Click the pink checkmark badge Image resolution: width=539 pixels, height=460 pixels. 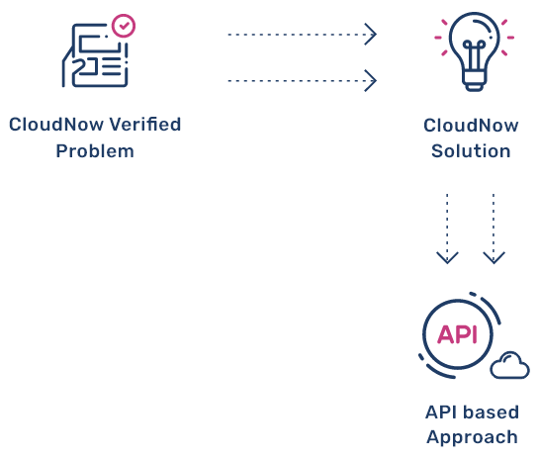(x=124, y=26)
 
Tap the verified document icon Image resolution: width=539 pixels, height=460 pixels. (x=98, y=50)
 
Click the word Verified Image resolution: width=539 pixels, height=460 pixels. (x=145, y=125)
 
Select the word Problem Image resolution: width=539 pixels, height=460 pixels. (x=95, y=151)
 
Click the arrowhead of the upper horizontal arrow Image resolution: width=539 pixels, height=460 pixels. (x=371, y=35)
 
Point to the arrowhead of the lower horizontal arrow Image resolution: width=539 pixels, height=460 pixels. (x=371, y=81)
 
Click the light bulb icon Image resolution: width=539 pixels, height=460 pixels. (x=474, y=51)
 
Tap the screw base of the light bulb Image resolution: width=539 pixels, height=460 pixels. (x=474, y=82)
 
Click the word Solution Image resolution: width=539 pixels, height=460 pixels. (x=471, y=151)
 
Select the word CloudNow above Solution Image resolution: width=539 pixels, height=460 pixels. (x=471, y=126)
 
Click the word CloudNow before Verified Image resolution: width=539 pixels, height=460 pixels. (x=56, y=125)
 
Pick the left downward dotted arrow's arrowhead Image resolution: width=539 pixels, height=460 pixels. (x=447, y=258)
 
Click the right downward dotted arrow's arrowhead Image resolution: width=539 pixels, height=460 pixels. (x=494, y=258)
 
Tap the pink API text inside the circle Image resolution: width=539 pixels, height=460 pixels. (x=457, y=334)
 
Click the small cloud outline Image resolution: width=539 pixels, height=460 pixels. (x=509, y=365)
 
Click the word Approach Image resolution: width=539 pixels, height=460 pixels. (x=473, y=438)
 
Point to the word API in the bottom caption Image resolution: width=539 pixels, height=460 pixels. (x=442, y=413)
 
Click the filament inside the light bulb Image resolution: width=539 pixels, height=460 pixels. (x=474, y=55)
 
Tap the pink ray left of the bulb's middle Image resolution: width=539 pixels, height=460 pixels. (x=438, y=38)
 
